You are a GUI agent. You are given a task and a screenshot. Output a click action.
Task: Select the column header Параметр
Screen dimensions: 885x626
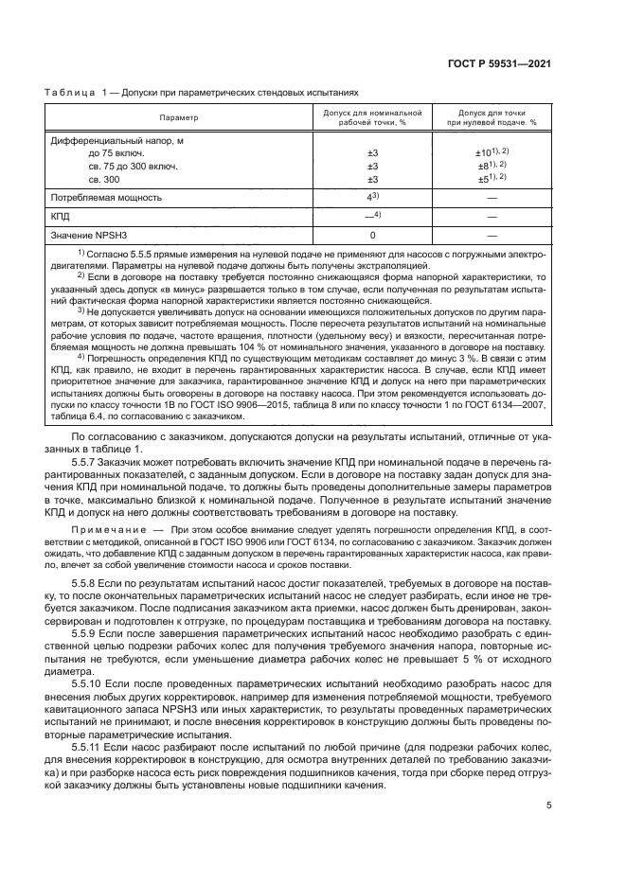178,118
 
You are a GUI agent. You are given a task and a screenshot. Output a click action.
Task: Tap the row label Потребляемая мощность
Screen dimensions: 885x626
106,198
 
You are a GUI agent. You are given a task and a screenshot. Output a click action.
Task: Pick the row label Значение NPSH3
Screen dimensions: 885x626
87,235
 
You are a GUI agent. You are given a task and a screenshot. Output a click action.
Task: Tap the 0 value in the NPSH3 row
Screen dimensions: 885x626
372,235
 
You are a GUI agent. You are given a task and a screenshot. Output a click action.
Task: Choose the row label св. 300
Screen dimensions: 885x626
104,179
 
